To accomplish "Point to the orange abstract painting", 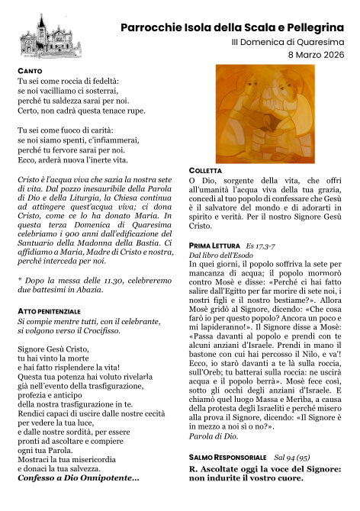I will click(251, 114).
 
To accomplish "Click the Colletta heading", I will click(205, 169).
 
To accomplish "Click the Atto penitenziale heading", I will click(49, 312).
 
